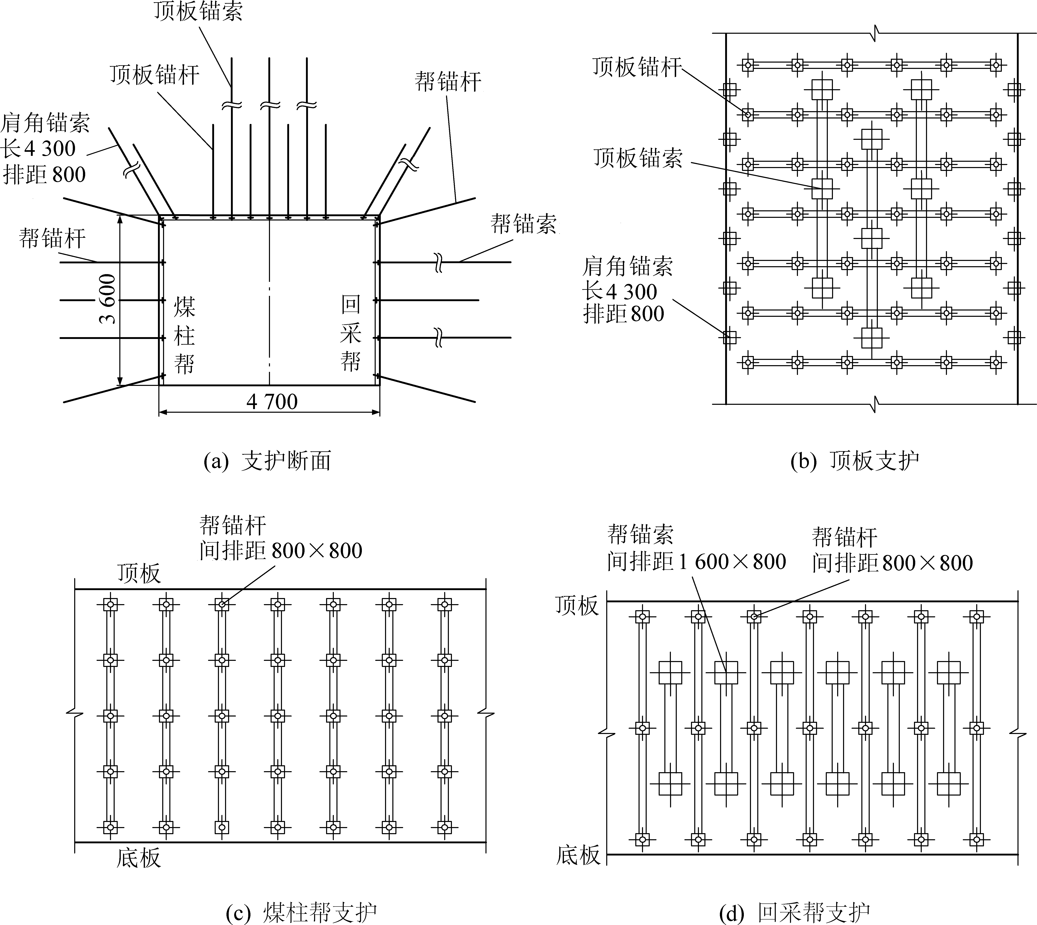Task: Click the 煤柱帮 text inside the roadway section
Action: [x=184, y=335]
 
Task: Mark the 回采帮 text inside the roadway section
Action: [x=351, y=333]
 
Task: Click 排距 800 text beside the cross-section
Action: [x=44, y=175]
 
